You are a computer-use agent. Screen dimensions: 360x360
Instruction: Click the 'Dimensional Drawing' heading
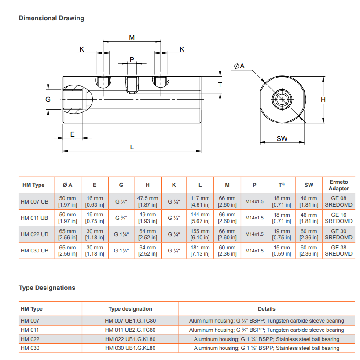[x=51, y=18]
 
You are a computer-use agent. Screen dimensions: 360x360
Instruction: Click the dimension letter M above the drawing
[x=132, y=38]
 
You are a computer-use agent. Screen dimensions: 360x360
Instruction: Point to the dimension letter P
[x=132, y=59]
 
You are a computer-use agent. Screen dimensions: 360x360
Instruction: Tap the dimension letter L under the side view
[x=132, y=147]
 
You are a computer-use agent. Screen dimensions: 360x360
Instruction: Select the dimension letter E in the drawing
[x=73, y=134]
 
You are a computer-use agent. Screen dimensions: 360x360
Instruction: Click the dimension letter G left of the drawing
[x=48, y=100]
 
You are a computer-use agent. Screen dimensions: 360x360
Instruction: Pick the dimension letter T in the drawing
[x=220, y=85]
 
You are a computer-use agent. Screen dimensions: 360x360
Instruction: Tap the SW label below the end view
[x=282, y=138]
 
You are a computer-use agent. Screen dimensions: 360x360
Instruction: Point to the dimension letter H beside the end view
[x=323, y=100]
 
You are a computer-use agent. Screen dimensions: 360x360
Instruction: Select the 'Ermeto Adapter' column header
[x=338, y=185]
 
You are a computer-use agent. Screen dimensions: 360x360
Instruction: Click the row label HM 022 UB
[x=35, y=234]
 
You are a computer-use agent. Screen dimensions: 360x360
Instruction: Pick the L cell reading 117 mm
[x=200, y=201]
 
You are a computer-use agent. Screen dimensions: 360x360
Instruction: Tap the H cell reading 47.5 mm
[x=147, y=201]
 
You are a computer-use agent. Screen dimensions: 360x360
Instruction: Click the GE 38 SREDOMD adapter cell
[x=338, y=250]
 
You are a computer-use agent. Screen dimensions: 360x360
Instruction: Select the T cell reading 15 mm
[x=282, y=250]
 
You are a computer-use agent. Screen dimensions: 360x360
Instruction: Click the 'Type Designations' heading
[x=47, y=288]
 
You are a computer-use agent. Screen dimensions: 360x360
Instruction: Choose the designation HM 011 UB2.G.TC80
[x=130, y=330]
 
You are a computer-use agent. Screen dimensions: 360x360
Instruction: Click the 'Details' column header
[x=266, y=309]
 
